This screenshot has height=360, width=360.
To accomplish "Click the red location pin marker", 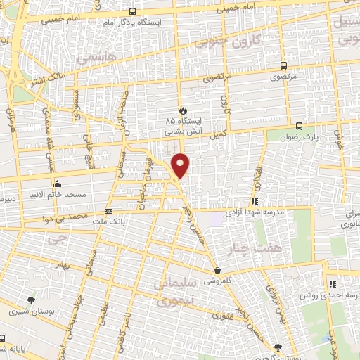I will coord(181,165).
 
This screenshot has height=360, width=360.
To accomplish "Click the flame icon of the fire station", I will coord(183,110).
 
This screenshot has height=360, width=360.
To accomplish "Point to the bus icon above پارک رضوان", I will coord(300,127).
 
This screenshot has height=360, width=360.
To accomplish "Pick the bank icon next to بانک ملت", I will coord(108,210).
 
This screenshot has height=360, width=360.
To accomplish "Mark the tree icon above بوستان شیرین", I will coord(30,300).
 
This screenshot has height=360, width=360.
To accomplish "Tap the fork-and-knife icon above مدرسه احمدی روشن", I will coord(332,285).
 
